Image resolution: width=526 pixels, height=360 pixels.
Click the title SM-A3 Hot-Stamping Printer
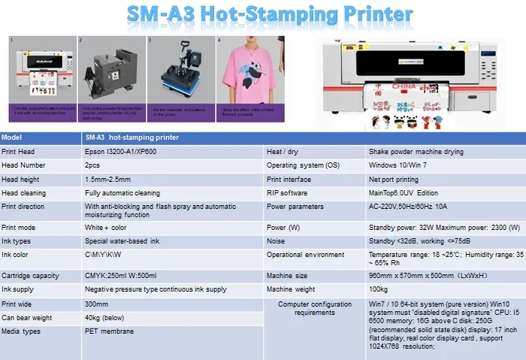click(269, 15)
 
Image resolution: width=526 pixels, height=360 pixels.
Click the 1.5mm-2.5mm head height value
click(107, 179)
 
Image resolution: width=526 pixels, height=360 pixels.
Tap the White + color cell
click(106, 227)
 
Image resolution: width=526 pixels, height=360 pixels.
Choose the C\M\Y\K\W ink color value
click(103, 255)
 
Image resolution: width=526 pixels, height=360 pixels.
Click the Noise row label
click(275, 241)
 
